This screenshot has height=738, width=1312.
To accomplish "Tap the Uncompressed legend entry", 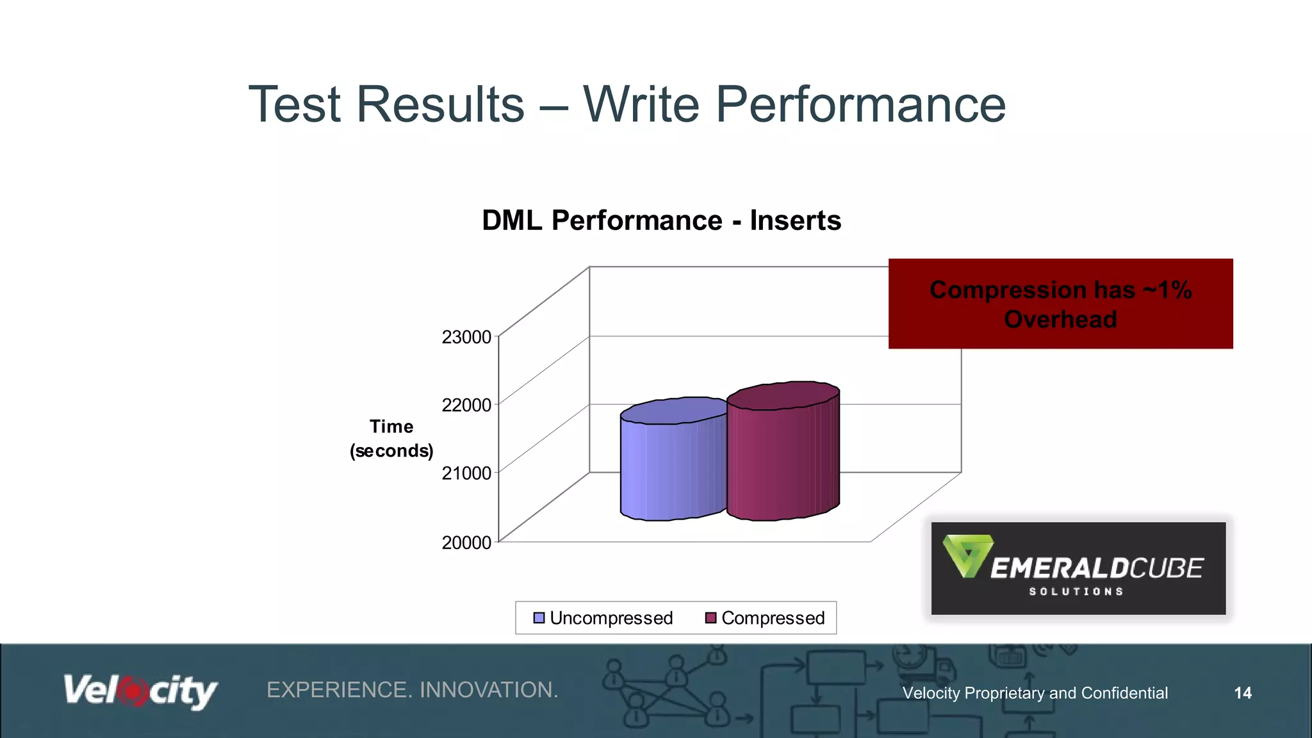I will click(x=603, y=618).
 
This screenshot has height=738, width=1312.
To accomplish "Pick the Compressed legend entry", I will click(x=765, y=618).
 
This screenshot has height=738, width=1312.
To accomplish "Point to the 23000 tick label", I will click(x=466, y=337).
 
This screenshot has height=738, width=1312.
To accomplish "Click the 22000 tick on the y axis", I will click(x=466, y=405).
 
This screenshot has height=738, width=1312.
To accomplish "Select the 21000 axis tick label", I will click(x=466, y=473).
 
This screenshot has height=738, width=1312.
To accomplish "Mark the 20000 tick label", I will click(x=466, y=543).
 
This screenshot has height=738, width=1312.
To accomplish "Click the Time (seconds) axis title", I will click(x=391, y=439).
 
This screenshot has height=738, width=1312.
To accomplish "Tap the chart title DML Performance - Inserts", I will click(x=661, y=220).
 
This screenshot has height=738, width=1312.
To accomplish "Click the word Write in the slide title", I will click(x=641, y=104).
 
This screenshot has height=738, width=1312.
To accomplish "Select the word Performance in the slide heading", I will click(x=860, y=104).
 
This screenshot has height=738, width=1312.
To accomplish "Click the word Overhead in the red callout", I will click(x=1060, y=319).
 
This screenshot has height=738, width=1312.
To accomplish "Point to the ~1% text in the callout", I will click(x=1167, y=290).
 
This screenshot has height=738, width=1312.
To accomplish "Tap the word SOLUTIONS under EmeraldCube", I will click(x=1076, y=591).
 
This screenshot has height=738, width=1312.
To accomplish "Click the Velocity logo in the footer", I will click(x=140, y=691).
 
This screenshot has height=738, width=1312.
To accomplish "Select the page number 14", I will click(x=1242, y=693).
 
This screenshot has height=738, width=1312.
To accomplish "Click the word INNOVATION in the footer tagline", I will click(x=488, y=690).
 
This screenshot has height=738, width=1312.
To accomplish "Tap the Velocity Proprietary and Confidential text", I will click(x=1035, y=693).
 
